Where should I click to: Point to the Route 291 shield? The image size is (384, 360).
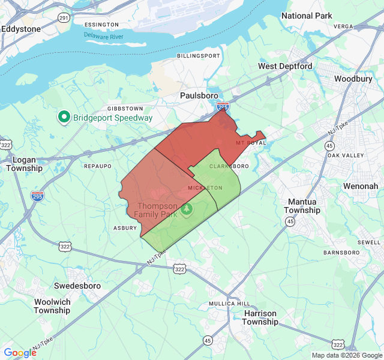click(63, 19)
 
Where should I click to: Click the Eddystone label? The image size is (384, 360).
click(21, 29)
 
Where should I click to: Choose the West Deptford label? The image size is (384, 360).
click(285, 66)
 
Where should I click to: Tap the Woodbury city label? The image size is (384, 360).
click(353, 79)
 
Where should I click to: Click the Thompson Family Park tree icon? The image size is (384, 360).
click(187, 209)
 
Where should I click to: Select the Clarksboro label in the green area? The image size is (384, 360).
click(229, 166)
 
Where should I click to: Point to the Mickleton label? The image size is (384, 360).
click(205, 188)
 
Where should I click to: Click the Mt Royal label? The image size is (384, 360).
click(250, 143)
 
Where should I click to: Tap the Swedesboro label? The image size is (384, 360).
click(77, 286)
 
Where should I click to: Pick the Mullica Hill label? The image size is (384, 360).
click(229, 304)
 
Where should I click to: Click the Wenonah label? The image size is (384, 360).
click(361, 186)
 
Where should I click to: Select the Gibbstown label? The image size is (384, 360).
click(125, 108)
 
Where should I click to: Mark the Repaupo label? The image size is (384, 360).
click(98, 166)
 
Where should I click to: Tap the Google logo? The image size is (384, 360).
click(20, 352)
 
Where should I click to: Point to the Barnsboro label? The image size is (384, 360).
click(340, 253)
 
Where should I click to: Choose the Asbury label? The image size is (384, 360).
click(125, 228)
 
